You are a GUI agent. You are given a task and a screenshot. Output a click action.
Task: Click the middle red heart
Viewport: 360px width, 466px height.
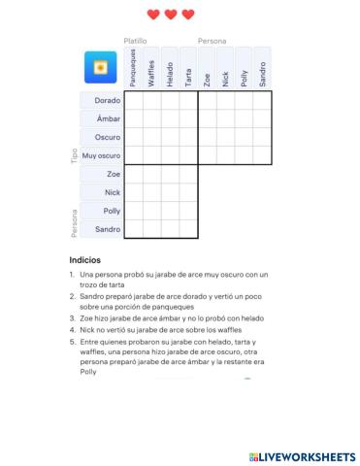click(171, 15)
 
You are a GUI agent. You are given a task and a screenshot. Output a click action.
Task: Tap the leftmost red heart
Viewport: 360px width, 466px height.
click(153, 15)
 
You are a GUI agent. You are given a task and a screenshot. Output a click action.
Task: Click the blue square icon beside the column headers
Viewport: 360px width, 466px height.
click(101, 68)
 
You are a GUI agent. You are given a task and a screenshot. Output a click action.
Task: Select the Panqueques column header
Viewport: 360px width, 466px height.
click(133, 70)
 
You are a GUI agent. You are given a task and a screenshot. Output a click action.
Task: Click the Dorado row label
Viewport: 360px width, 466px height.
click(107, 101)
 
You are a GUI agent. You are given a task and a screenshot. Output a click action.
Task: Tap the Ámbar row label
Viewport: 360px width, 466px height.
click(109, 119)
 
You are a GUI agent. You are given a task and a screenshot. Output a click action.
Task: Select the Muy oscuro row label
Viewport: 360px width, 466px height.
click(101, 155)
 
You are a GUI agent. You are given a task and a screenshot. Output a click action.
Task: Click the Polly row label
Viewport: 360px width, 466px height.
click(112, 211)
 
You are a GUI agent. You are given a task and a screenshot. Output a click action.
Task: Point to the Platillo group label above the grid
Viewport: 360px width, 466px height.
click(135, 41)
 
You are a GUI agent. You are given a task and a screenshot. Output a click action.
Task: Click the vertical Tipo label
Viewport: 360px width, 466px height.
click(74, 156)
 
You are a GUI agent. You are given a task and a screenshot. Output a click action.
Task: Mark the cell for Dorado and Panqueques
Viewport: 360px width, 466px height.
click(133, 101)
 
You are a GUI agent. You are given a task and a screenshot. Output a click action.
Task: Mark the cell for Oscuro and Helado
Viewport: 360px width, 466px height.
click(170, 138)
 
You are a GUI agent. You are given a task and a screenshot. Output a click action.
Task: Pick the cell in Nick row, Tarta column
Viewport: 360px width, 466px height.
click(188, 192)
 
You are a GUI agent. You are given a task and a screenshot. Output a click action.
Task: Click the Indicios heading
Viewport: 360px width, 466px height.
click(84, 260)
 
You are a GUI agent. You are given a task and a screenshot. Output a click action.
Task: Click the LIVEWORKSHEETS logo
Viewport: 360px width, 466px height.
click(302, 455)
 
